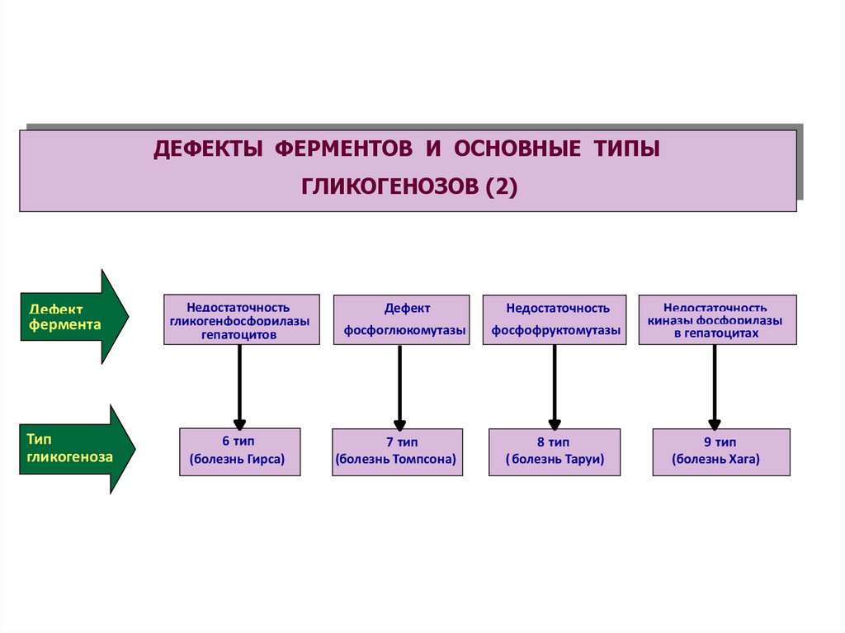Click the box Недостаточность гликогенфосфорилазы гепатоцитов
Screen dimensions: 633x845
241,320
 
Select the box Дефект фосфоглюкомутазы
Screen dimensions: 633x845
401,320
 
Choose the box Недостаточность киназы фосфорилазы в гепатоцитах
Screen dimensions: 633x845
716,320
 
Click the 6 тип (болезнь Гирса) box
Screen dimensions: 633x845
239,451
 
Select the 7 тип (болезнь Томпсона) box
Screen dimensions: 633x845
397,451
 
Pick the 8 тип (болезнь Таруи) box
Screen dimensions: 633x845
554,451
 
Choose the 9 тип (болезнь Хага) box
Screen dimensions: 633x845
720,451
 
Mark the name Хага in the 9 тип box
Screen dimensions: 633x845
742,460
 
